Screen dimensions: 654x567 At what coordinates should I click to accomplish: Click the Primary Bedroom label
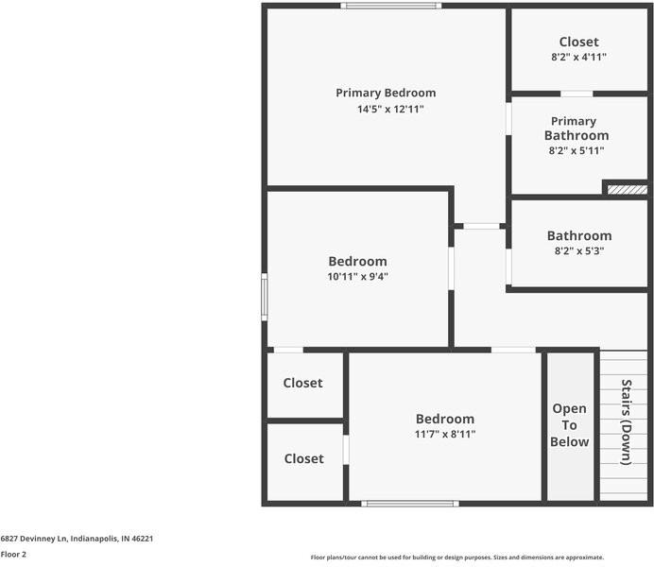point(386,93)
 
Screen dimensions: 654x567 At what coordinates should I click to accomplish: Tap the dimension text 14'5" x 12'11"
point(390,110)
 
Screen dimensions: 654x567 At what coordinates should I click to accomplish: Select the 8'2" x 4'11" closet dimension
point(579,57)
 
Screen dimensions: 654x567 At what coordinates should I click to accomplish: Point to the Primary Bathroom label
point(577,129)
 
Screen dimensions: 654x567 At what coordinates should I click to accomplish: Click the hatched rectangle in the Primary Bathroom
point(627,190)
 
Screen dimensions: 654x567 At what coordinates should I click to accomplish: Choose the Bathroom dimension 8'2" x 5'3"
point(579,251)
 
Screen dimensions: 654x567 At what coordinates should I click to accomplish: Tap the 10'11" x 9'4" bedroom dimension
point(358,276)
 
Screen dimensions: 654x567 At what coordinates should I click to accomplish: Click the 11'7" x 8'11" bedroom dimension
point(445,435)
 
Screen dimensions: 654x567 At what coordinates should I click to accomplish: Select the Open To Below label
point(570,425)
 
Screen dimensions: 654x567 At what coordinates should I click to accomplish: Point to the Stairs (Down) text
point(626,421)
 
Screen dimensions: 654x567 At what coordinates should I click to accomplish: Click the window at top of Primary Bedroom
point(391,6)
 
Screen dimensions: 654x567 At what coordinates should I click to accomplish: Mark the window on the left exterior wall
point(265,297)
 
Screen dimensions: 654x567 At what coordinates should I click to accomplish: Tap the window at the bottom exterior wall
point(410,504)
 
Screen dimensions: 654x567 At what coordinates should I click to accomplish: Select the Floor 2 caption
point(13,555)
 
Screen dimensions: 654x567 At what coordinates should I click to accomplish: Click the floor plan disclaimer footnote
point(457,558)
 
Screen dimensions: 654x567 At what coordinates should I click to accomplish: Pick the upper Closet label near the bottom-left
point(302,383)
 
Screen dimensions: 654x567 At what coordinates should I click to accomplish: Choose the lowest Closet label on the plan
point(304,459)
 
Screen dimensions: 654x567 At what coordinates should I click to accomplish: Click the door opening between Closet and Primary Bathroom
point(577,94)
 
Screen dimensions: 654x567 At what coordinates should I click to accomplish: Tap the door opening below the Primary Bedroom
point(481,226)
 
